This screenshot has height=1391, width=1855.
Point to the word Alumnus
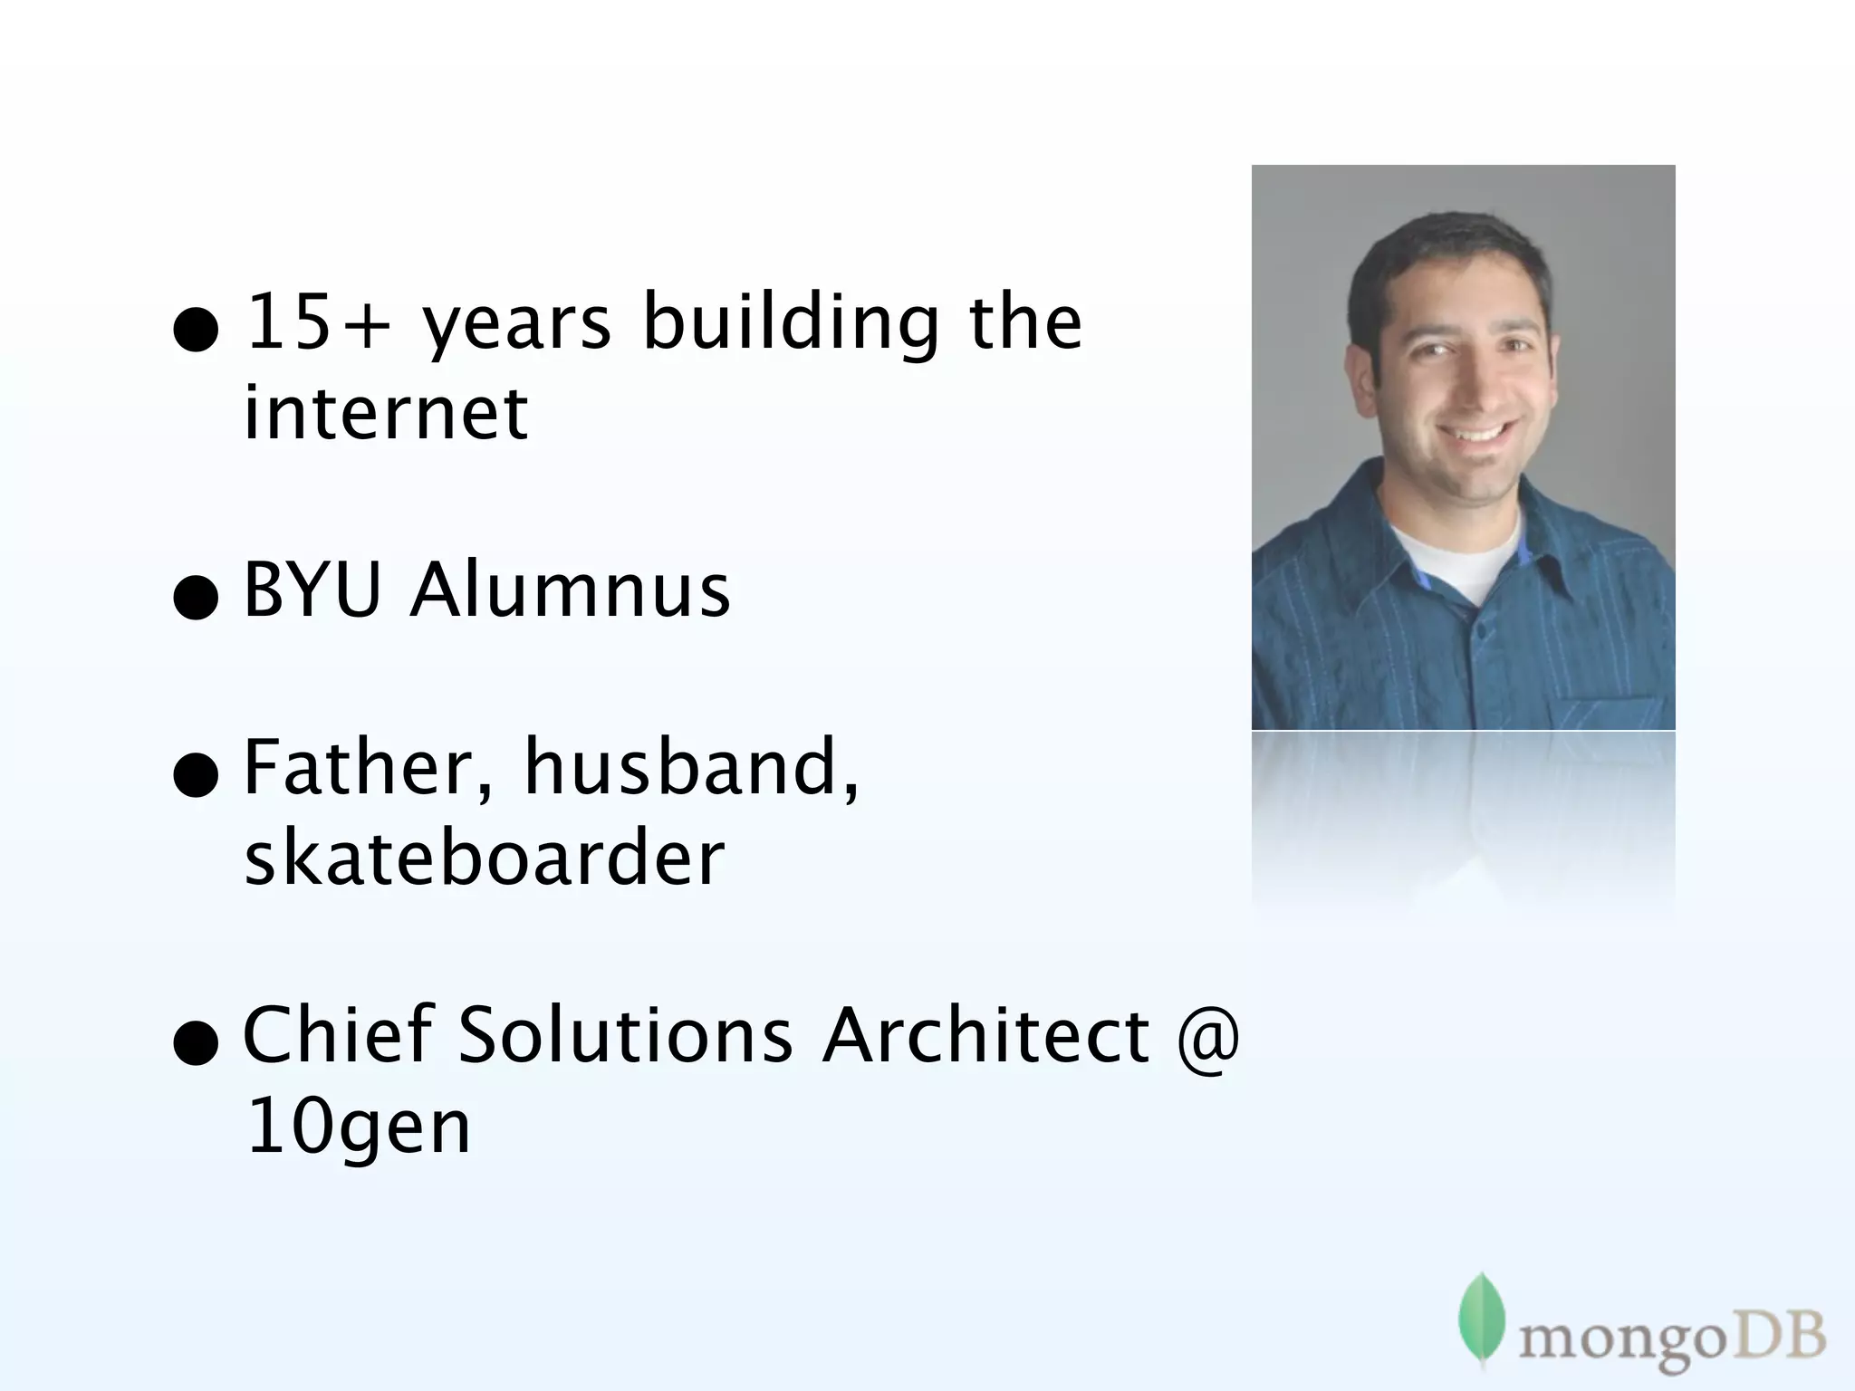pos(570,590)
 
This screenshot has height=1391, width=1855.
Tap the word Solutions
pos(625,1034)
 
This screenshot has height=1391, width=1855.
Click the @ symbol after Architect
pos(1208,1036)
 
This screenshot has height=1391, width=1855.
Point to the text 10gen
pos(358,1128)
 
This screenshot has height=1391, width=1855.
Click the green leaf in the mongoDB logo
pos(1481,1319)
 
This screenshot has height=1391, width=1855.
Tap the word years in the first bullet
pos(517,326)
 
